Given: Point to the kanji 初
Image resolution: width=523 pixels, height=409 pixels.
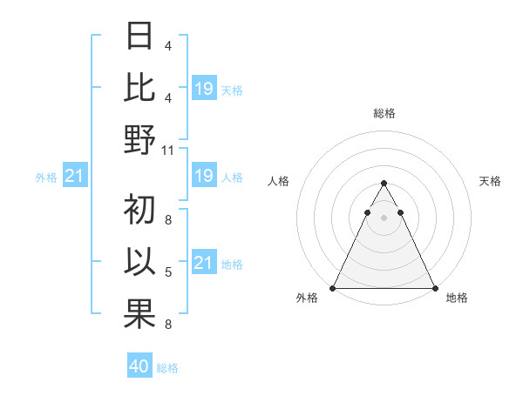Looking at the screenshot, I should click(x=139, y=211).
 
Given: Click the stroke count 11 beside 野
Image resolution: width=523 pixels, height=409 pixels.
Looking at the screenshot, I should click(x=168, y=150).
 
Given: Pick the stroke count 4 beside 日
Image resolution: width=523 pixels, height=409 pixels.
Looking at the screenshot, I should click(x=168, y=46).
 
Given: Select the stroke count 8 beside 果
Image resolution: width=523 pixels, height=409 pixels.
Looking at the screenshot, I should click(x=168, y=325).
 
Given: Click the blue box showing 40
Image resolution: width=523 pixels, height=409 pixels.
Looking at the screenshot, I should click(x=139, y=366).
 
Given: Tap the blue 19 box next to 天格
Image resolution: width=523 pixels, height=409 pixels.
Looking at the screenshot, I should click(x=203, y=89).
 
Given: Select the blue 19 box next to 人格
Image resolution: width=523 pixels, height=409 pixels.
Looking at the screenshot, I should click(x=203, y=177).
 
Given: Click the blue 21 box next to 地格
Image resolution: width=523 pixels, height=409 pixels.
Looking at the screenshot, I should click(x=203, y=263).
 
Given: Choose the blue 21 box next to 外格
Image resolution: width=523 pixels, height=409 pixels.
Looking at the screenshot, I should click(x=74, y=177).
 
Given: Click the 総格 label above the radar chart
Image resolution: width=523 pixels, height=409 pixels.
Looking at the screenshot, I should click(x=384, y=113).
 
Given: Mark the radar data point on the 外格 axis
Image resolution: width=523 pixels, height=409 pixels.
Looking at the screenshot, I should click(x=333, y=288).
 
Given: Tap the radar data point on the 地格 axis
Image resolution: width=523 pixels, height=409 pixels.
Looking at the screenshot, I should click(x=434, y=288).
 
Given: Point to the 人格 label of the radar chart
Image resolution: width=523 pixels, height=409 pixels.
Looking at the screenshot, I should click(x=278, y=181).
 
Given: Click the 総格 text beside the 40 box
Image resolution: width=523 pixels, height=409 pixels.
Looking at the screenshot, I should click(x=167, y=368).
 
